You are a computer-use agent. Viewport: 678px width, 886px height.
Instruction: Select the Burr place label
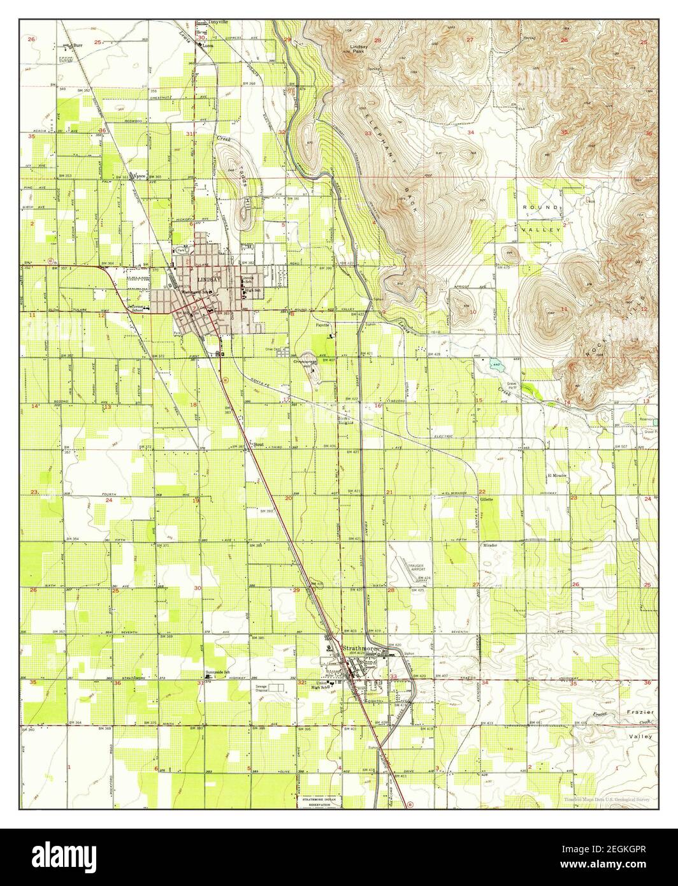pyautogui.click(x=78, y=46)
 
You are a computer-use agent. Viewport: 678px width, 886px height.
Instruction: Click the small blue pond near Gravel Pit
pyautogui.click(x=496, y=367)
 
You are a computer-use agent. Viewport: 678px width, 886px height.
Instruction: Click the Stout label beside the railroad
pyautogui.click(x=258, y=445)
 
